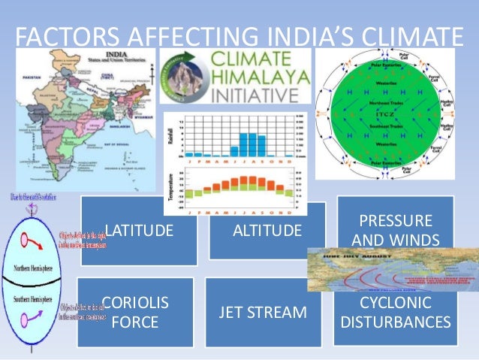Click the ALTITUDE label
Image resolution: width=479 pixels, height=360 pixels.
click(267, 229)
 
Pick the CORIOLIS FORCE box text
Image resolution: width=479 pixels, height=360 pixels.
click(135, 313)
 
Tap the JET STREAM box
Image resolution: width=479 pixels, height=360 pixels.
click(263, 313)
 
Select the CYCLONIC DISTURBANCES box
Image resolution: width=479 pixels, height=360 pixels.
click(396, 313)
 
